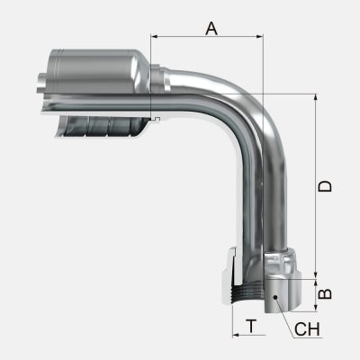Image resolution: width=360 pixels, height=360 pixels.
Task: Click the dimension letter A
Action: [x=211, y=28]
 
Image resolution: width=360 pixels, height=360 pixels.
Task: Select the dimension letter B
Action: [x=328, y=293]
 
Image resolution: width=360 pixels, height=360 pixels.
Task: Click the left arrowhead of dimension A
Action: [x=155, y=39]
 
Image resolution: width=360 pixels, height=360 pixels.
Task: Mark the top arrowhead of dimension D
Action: [x=316, y=96]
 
